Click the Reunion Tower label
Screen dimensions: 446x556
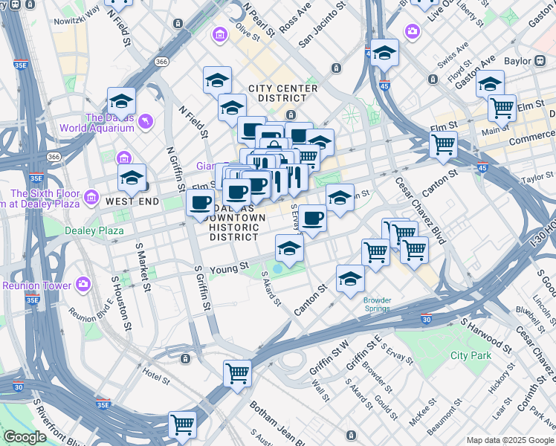point(37,285)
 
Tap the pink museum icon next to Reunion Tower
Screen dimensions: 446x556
point(83,285)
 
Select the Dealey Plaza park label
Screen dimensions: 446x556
point(94,230)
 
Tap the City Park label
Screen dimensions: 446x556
point(471,355)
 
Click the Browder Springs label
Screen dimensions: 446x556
point(378,305)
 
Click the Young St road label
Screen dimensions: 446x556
point(230,265)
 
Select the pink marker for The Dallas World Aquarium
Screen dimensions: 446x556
point(146,120)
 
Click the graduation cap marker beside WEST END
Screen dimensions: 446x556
point(132,178)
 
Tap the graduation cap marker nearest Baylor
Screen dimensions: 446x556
point(490,85)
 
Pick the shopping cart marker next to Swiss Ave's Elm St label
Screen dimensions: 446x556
point(502,108)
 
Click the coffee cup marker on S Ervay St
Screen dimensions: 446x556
point(313,219)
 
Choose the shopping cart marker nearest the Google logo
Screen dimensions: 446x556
point(182,425)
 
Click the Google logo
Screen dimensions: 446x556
point(24,437)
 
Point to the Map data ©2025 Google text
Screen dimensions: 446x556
point(510,440)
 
